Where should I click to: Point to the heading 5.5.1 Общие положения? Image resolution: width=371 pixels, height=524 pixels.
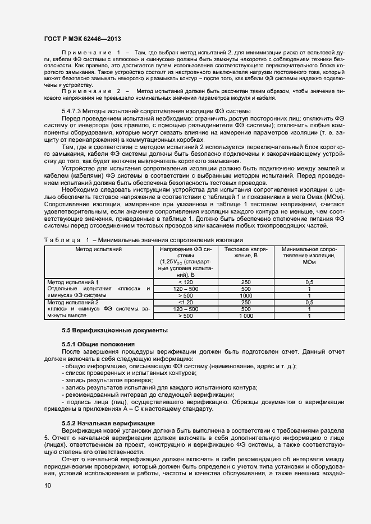[x=98, y=344]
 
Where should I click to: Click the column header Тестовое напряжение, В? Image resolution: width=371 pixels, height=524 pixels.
[x=245, y=252]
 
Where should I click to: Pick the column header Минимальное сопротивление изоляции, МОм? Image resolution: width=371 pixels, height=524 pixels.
[x=309, y=256]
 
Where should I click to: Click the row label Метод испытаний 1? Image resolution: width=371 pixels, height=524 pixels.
[x=73, y=281]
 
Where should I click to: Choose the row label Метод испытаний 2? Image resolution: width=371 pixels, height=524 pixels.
[x=73, y=302]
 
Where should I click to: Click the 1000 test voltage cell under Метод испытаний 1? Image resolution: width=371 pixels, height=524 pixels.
[x=245, y=295]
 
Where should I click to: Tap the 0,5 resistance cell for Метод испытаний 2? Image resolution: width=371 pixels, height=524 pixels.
[x=309, y=302]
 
